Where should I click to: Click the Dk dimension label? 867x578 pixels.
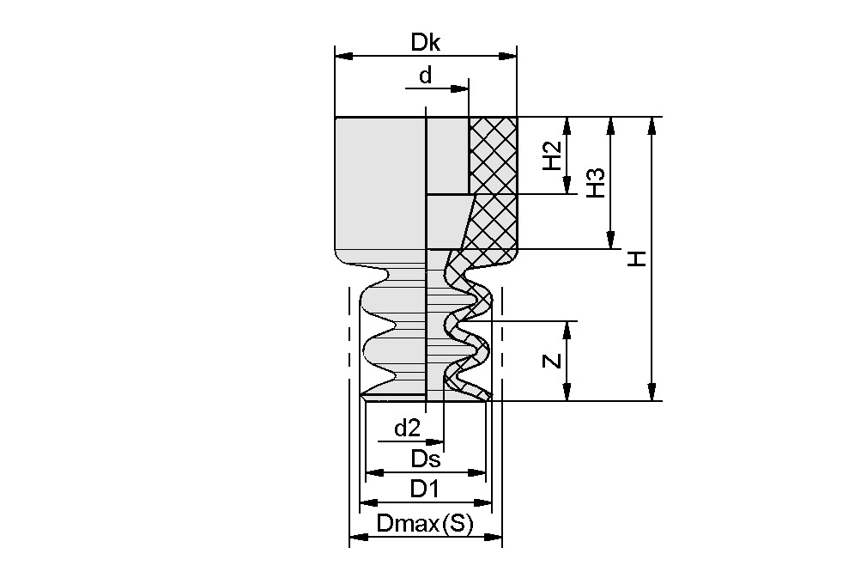pos(425,42)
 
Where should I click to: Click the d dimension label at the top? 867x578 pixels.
pos(425,76)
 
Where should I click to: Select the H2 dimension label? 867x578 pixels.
pos(554,155)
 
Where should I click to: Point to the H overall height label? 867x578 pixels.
pos(636,259)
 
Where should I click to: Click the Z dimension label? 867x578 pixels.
pos(554,361)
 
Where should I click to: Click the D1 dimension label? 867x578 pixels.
pos(425,489)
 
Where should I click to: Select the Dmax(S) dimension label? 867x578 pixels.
pos(425,523)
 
